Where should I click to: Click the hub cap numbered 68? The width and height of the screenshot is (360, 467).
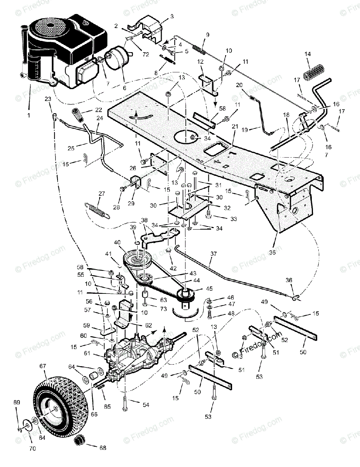click(80, 442)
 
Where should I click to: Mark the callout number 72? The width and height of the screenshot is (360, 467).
click(146, 55)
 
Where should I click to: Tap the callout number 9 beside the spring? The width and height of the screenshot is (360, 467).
click(208, 35)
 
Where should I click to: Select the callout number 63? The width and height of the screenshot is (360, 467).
click(152, 300)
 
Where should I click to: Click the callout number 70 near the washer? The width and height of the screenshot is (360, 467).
click(32, 449)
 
